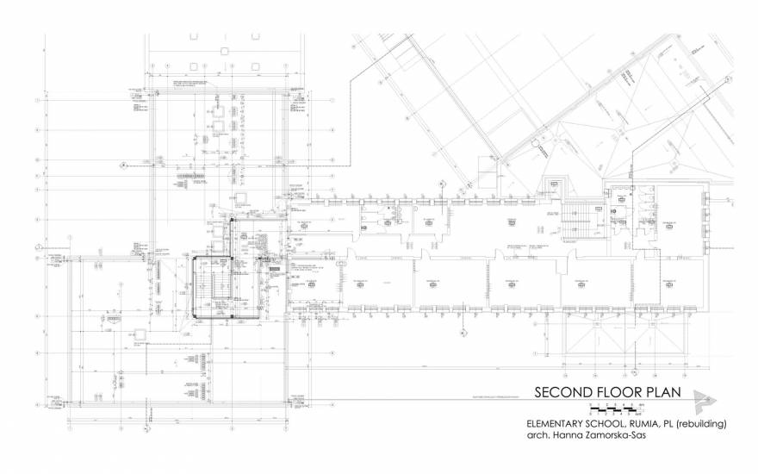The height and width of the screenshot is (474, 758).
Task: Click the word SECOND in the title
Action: [x=562, y=393]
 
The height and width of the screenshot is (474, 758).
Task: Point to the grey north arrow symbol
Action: [x=704, y=396]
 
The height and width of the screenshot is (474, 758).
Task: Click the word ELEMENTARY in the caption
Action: [x=556, y=424]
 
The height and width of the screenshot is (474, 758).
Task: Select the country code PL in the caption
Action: [x=681, y=424]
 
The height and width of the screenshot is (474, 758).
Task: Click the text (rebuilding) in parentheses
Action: [x=711, y=424]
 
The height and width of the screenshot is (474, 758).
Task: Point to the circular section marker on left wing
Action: [x=122, y=163]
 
